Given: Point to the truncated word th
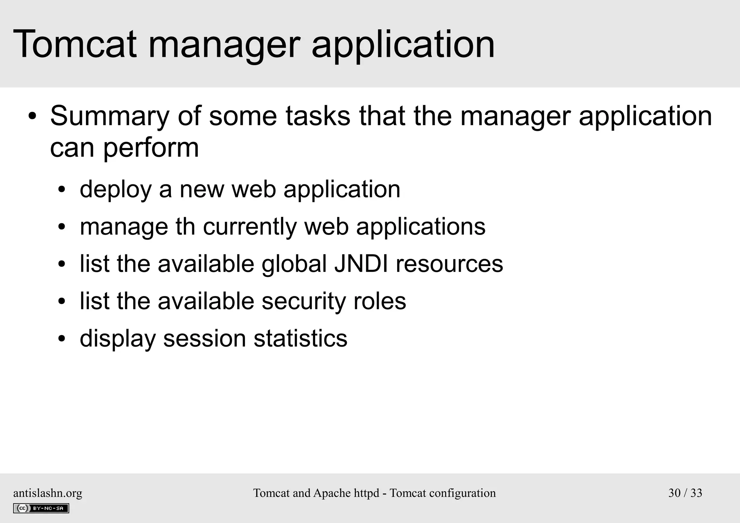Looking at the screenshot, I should tap(185, 227).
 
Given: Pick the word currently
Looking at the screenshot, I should tap(249, 227).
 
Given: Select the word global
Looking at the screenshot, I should tap(294, 263).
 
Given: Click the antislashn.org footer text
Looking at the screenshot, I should tap(48, 493).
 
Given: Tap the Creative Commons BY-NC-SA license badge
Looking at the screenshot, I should tap(41, 508).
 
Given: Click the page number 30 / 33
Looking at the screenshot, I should tap(685, 493).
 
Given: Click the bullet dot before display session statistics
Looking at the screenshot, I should tap(62, 339).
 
